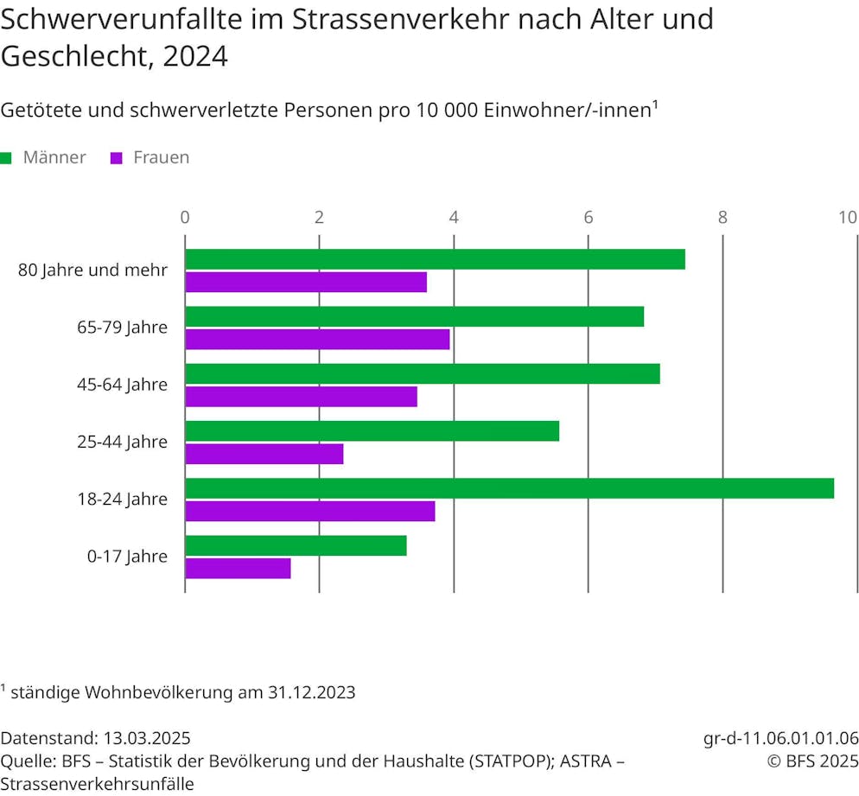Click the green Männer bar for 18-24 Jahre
pos(509,488)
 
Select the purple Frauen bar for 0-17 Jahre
pos(238,568)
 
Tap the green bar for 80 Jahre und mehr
pos(435,259)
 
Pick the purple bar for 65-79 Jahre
pos(317,340)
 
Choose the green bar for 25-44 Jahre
pos(372,431)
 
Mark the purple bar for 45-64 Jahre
pos(301,397)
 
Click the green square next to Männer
pos(6,158)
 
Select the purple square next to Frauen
pos(117,158)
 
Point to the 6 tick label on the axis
pos(588,217)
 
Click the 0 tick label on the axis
pos(185,217)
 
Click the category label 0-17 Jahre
pos(127,557)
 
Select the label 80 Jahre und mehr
pos(92,270)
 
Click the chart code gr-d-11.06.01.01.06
pos(781,739)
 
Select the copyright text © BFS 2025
pos(813,761)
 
